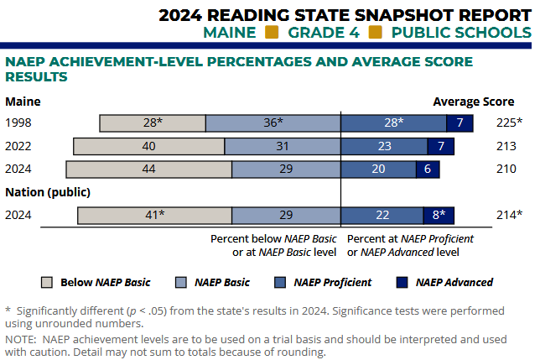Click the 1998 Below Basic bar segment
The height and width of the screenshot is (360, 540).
(153, 123)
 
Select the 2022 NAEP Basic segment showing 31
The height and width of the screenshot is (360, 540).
(283, 146)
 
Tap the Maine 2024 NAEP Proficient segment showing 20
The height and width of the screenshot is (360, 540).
(378, 169)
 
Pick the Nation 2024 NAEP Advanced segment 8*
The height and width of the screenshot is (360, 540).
(439, 215)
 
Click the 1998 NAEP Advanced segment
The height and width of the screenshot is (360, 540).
(460, 123)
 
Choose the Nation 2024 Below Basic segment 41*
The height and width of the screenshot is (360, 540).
(154, 215)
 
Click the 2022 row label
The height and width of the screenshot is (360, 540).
(18, 146)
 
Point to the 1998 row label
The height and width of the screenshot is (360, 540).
(18, 123)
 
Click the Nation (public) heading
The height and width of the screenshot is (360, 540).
(48, 192)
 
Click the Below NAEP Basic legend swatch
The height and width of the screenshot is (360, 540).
(47, 282)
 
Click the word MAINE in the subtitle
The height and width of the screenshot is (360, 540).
(230, 33)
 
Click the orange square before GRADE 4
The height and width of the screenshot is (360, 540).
(272, 33)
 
